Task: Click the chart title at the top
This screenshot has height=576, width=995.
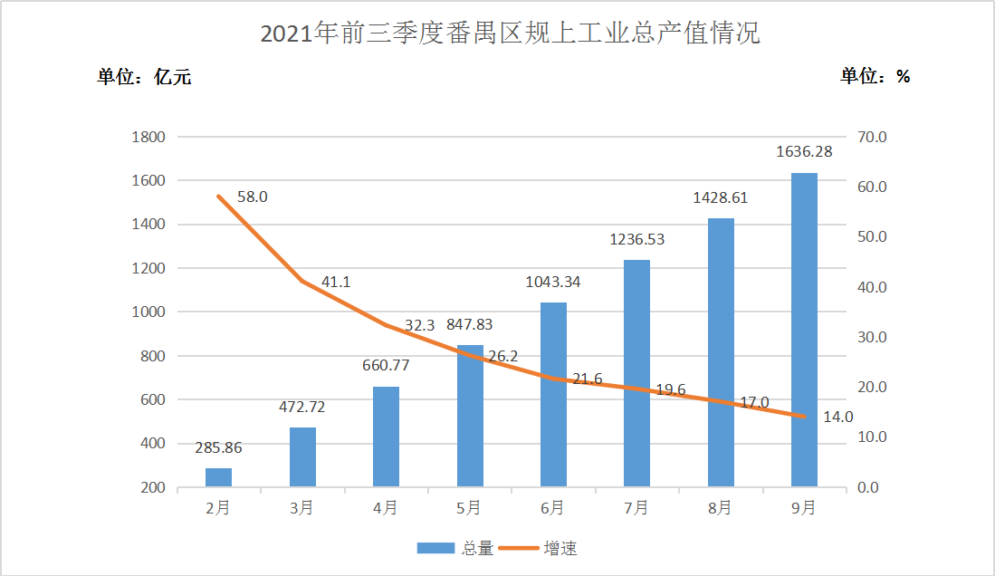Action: (510, 34)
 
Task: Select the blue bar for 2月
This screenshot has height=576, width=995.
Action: (218, 477)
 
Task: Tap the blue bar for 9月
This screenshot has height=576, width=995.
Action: (804, 330)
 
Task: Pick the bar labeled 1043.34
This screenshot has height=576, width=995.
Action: (553, 394)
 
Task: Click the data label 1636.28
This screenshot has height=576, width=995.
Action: (804, 152)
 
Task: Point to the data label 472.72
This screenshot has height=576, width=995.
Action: (302, 407)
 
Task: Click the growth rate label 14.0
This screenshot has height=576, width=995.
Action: (837, 418)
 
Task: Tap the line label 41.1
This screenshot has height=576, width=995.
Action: (336, 282)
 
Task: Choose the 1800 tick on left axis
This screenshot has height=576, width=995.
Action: (148, 138)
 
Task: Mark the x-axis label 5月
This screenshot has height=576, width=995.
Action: (469, 508)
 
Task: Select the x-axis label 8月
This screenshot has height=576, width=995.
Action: (720, 508)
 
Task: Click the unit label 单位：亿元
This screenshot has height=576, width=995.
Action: (145, 77)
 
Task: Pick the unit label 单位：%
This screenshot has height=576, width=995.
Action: (875, 77)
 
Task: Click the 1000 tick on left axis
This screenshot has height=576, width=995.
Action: (148, 312)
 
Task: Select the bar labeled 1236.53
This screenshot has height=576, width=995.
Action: (636, 373)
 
